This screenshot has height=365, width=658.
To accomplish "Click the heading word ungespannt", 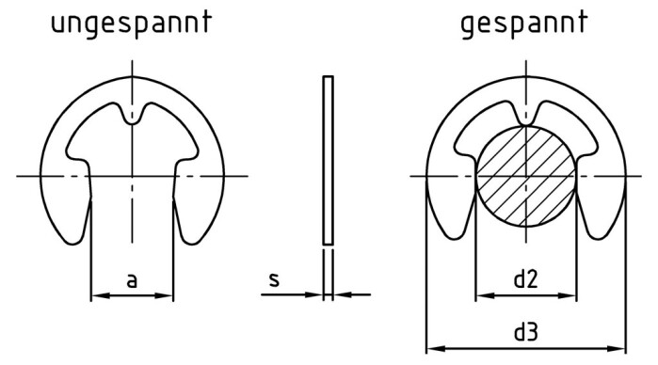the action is [x=131, y=24].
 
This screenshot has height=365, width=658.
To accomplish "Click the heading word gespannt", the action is [x=524, y=24].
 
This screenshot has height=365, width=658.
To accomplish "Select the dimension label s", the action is [x=272, y=279].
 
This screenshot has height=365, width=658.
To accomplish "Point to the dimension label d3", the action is [x=525, y=332].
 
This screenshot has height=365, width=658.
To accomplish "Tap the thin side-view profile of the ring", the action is [x=328, y=160].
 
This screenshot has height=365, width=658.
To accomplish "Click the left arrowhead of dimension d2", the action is [x=481, y=295].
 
